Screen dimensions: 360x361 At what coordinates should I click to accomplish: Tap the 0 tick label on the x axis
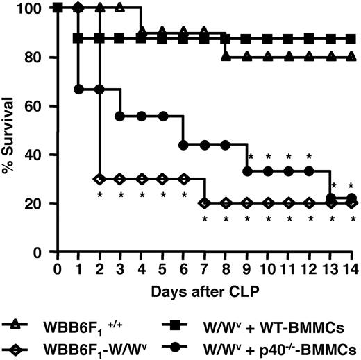58,267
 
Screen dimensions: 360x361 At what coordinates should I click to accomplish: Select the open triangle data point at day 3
121,8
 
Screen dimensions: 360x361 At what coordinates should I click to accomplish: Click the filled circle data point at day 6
183,144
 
